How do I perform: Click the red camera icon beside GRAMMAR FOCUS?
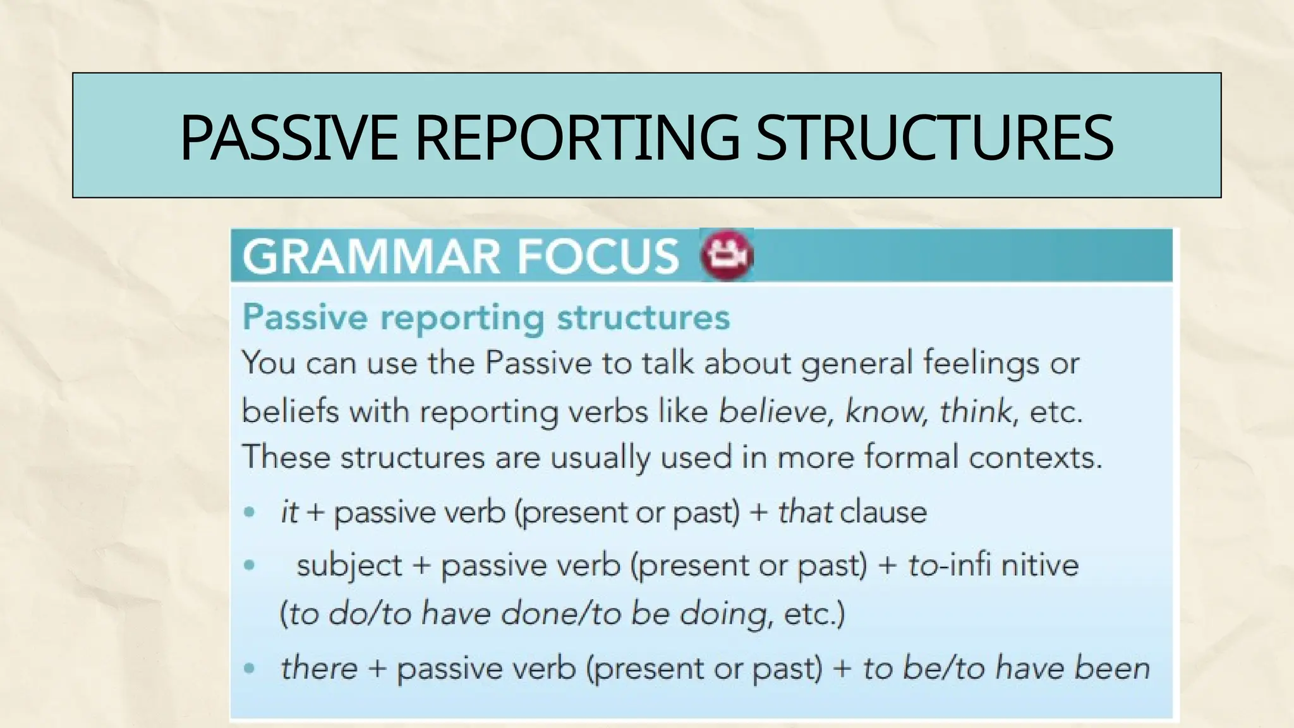[x=727, y=255]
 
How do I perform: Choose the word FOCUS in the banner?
[x=597, y=256]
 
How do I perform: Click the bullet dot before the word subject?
[x=250, y=564]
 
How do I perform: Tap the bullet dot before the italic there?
[x=250, y=668]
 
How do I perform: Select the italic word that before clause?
[x=804, y=511]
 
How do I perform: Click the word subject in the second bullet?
[x=349, y=564]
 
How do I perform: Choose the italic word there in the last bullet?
[x=318, y=668]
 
